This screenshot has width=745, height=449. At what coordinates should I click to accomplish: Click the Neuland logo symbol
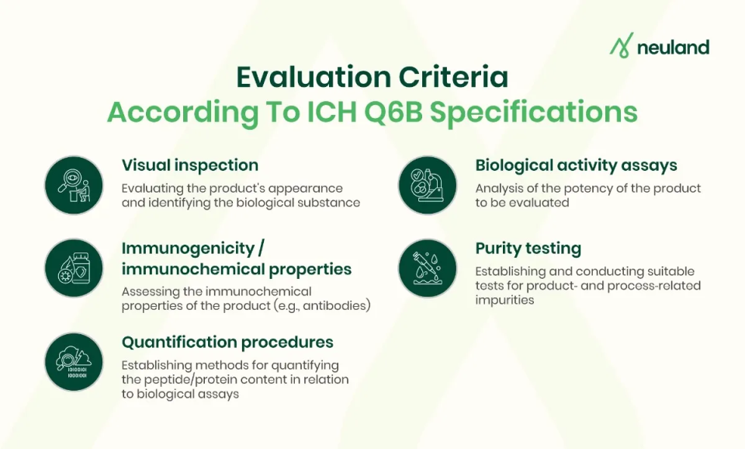pos(621,46)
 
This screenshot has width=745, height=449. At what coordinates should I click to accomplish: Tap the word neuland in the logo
pos(673,47)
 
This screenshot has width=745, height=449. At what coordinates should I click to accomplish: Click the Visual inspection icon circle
pos(74,185)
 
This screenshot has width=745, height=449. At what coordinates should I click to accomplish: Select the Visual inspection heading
pos(190,165)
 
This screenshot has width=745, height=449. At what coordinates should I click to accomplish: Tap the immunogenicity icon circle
pos(74,269)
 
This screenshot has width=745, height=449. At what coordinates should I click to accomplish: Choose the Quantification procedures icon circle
pos(74,361)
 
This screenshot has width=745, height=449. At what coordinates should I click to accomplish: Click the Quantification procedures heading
pos(227,343)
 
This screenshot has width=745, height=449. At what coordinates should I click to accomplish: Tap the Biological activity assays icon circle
pos(428,185)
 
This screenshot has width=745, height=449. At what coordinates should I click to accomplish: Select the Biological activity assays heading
pos(576,165)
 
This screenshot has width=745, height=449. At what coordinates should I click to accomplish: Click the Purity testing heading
pos(528,249)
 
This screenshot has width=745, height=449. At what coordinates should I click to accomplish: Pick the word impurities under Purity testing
pos(504,300)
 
